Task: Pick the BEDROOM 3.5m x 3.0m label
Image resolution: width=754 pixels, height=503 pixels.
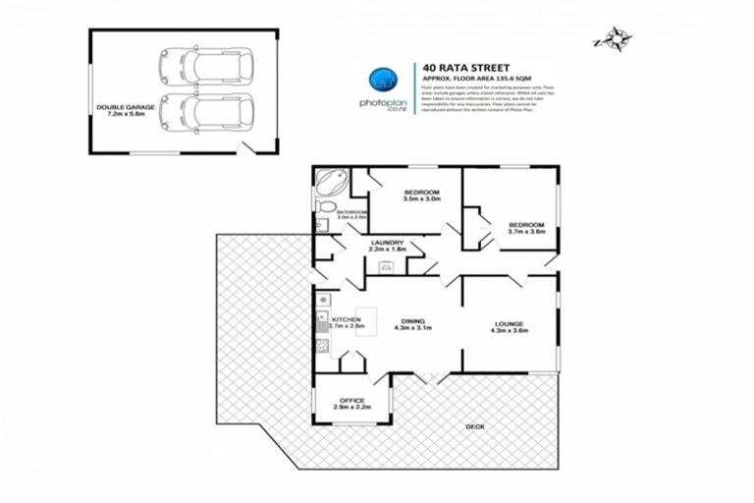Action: point(419,196)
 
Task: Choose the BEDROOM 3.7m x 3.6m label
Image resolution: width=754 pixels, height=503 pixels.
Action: point(526,228)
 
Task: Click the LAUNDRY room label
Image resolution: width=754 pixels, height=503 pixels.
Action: point(387,246)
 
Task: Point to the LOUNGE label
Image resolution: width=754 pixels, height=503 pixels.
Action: point(510,328)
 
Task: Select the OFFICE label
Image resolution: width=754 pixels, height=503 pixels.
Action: point(352,403)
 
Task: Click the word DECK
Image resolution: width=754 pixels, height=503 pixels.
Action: point(476,424)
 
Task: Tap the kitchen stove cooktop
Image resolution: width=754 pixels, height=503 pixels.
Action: point(322,345)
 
